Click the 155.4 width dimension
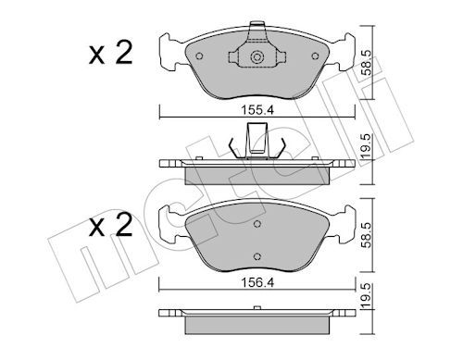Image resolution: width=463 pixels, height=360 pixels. (257, 110)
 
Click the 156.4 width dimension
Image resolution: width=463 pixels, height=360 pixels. (257, 282)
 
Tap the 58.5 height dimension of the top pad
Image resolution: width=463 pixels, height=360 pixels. (368, 62)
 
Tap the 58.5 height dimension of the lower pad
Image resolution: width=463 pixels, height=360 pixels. (368, 235)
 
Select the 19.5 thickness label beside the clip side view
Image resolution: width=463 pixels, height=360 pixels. (368, 146)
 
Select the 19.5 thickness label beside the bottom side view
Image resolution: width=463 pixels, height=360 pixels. (368, 295)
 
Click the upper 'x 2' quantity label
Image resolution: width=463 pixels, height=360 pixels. (111, 53)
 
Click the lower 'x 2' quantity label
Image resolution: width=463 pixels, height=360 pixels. (111, 226)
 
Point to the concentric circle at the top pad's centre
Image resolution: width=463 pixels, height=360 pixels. (257, 57)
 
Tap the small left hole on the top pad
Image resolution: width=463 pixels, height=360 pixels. (199, 56)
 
